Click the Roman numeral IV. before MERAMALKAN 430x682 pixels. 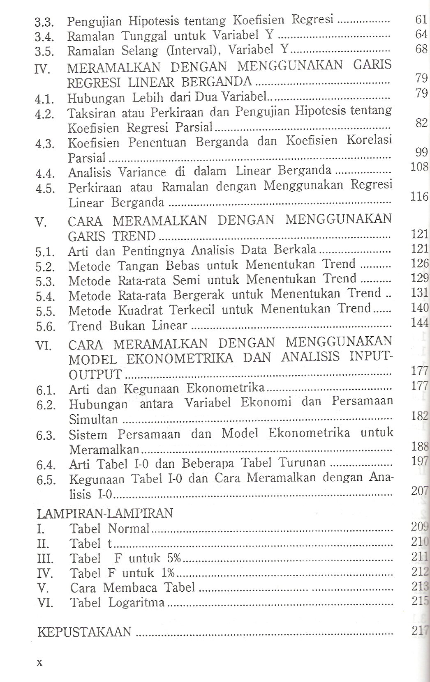coord(43,69)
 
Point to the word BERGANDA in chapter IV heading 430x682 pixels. coord(222,80)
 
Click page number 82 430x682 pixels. coord(421,123)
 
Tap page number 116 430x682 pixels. coord(419,197)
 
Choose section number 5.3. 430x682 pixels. coord(45,282)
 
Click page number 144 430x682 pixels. coord(420,322)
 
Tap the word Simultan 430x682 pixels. coord(93,420)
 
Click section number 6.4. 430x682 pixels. coord(46,465)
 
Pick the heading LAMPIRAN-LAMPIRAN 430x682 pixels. coord(105,513)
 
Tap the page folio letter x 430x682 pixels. coord(40,662)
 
